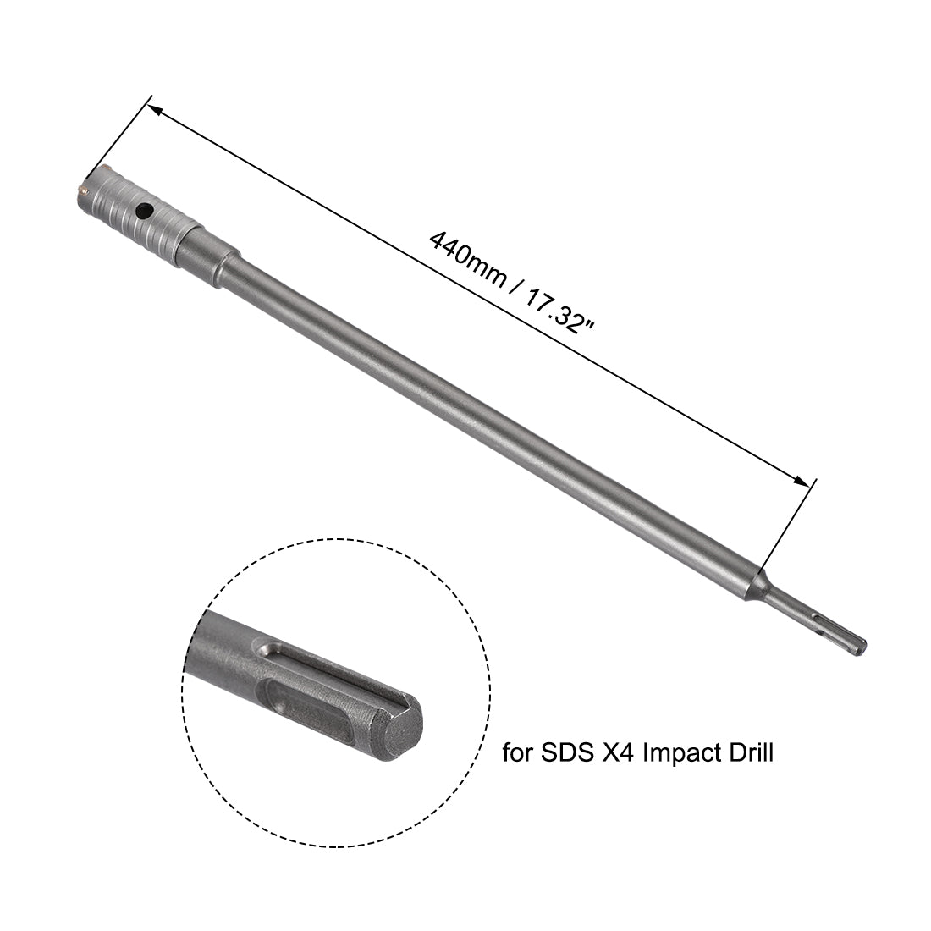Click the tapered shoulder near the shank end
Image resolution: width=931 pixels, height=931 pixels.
tap(759, 586)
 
